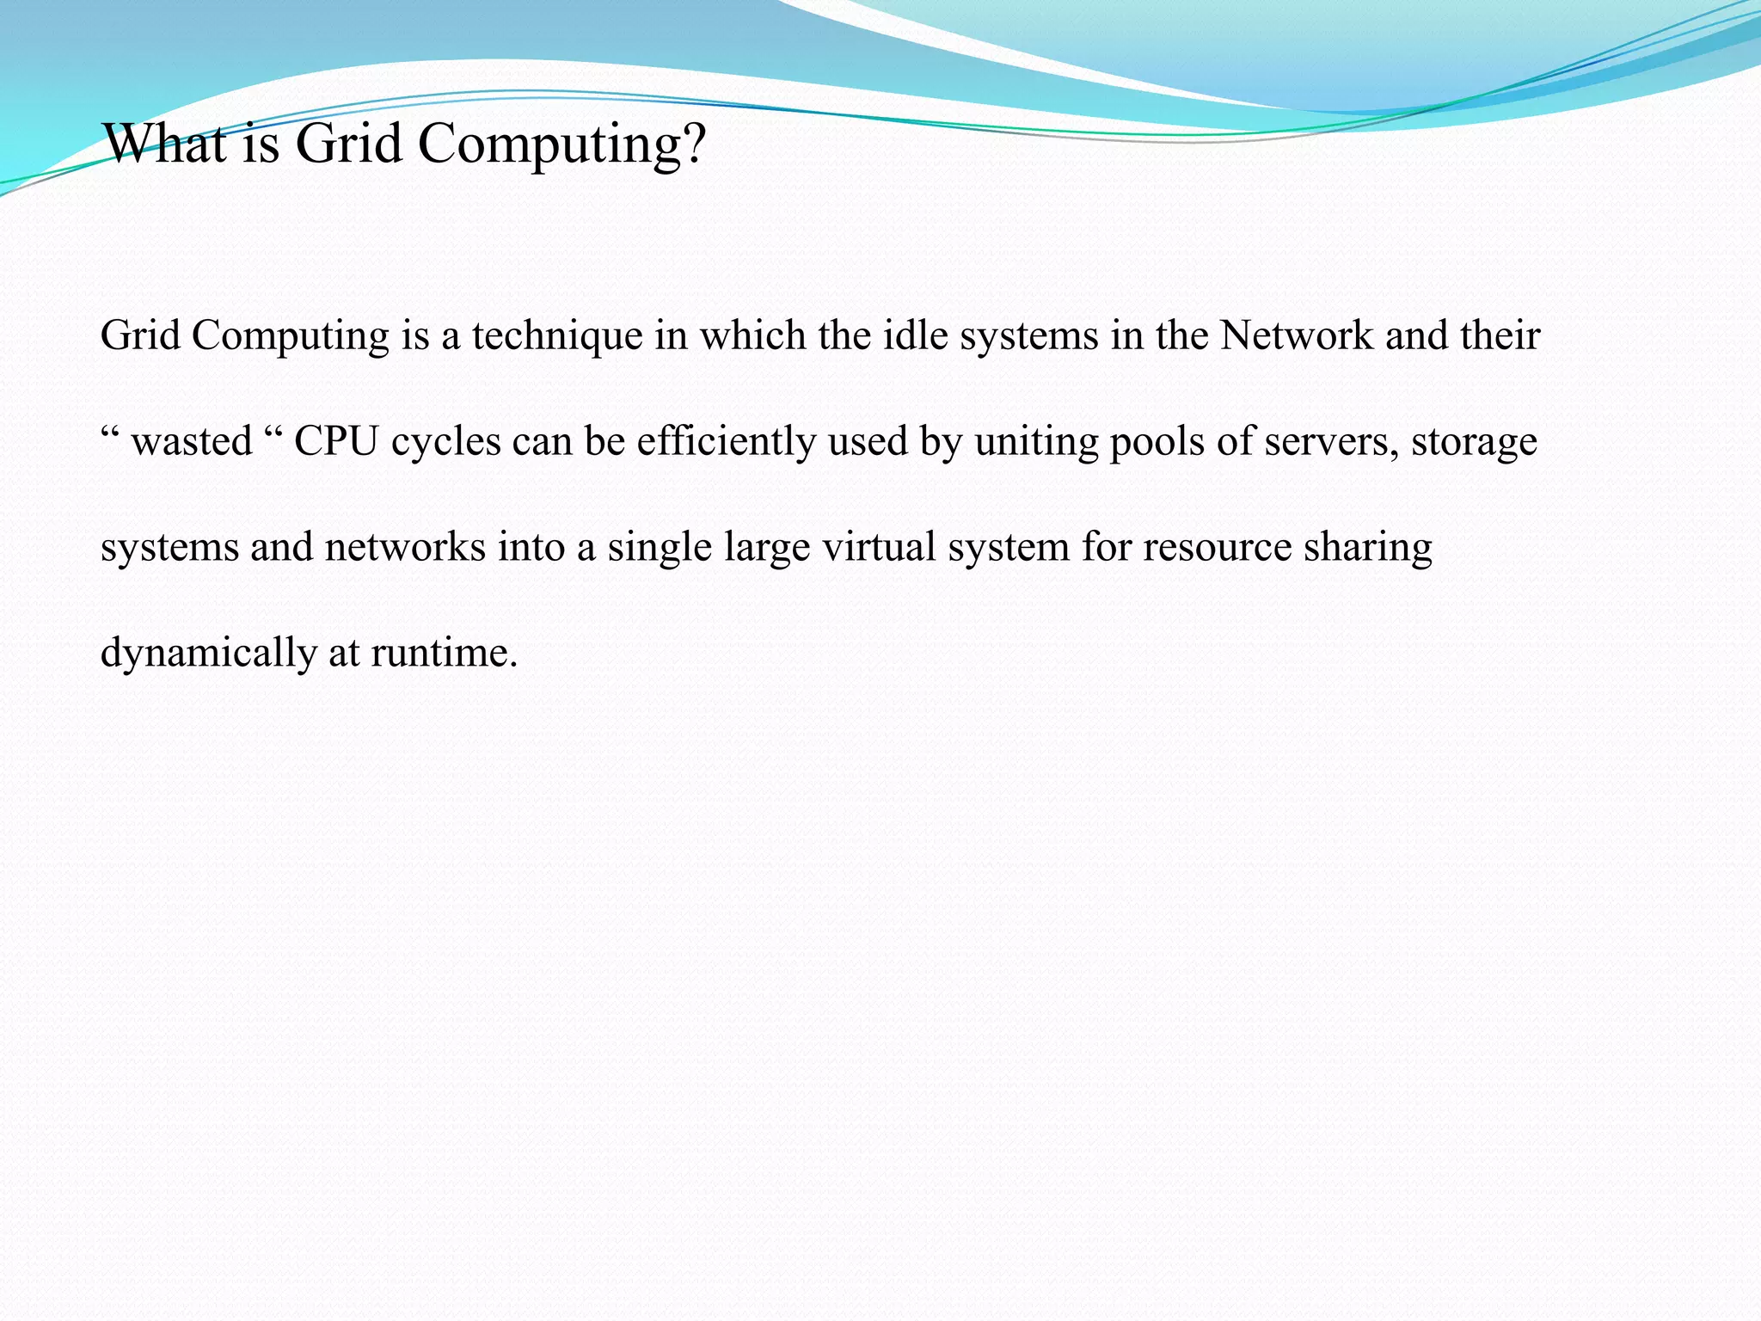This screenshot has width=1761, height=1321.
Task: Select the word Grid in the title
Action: [x=349, y=144]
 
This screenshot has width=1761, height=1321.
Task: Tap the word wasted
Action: [x=192, y=442]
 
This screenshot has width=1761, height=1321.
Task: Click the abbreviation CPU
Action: [x=336, y=442]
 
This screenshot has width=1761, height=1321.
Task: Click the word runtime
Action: [x=444, y=654]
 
